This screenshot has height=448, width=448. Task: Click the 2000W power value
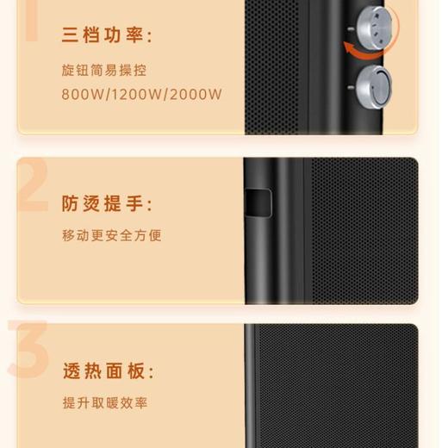[196, 94]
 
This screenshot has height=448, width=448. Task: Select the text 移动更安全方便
[112, 235]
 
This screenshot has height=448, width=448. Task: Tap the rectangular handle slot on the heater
[256, 201]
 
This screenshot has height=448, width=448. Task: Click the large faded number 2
[33, 186]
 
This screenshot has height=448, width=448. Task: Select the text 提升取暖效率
[105, 403]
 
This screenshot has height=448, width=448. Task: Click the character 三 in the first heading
[71, 36]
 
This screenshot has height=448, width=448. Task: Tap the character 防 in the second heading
[71, 204]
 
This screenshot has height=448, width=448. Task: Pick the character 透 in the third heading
[71, 372]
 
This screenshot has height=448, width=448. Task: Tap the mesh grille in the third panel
[345, 388]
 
